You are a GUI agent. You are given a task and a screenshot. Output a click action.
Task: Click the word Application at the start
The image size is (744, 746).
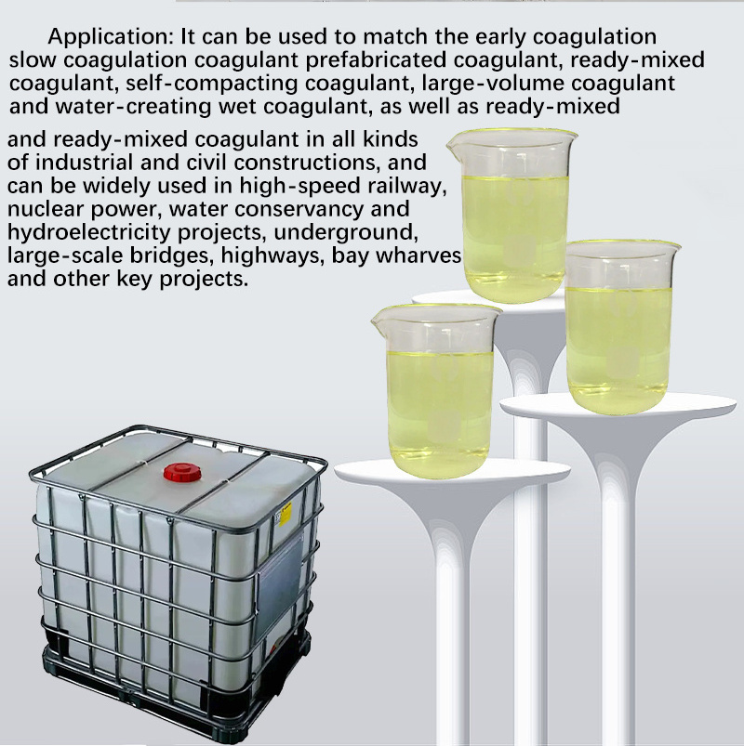(x=111, y=37)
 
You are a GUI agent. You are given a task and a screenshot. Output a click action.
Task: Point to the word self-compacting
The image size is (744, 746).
(x=212, y=84)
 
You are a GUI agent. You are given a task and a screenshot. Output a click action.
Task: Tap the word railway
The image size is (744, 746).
(x=407, y=186)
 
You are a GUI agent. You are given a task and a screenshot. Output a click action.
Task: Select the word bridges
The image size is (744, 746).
(x=172, y=255)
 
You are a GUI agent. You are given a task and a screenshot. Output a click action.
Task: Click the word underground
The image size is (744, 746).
(x=346, y=232)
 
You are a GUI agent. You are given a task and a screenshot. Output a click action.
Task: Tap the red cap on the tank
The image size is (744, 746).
(x=182, y=472)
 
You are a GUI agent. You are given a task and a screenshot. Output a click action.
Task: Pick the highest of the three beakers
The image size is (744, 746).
(x=512, y=216)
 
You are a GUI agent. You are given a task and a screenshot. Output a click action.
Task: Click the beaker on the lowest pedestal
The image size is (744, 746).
(x=437, y=391)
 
